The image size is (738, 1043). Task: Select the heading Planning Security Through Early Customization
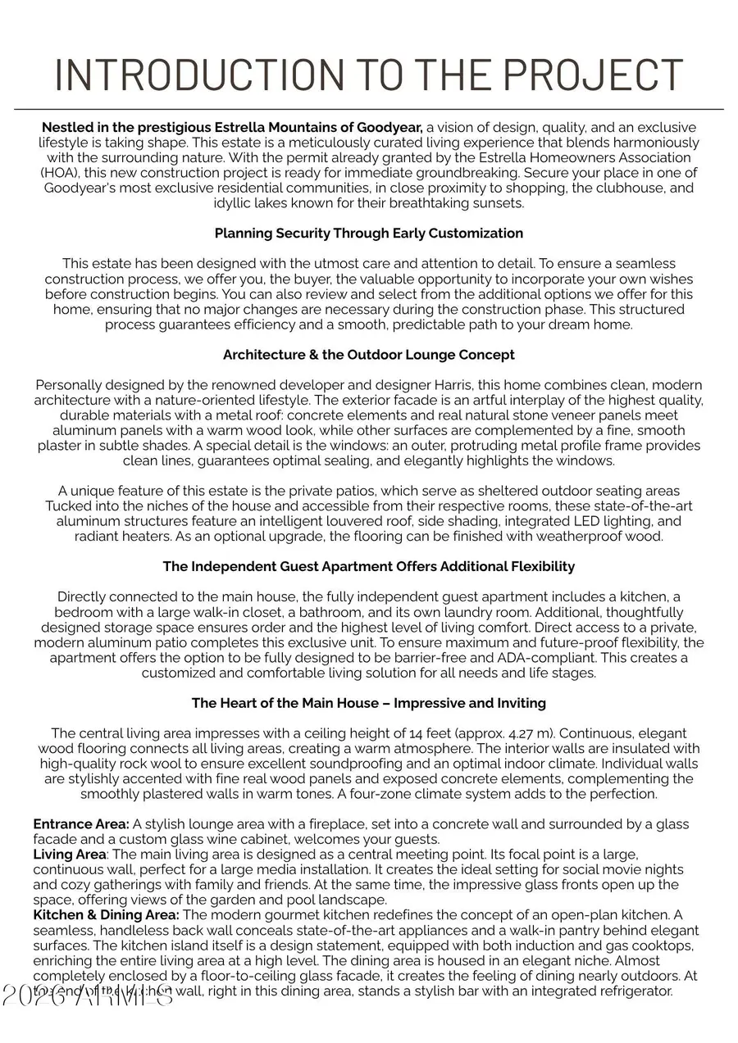[x=368, y=234]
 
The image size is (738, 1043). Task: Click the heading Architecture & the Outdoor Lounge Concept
[x=368, y=355]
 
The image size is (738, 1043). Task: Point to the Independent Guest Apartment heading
[x=368, y=566]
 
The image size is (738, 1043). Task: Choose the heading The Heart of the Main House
[x=368, y=703]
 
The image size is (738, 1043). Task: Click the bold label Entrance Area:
[x=81, y=824]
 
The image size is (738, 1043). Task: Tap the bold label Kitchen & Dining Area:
[x=106, y=914]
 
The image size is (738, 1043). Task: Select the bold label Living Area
[x=70, y=855]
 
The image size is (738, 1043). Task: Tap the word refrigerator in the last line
[x=634, y=991]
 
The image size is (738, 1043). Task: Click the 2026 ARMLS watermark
[x=88, y=994]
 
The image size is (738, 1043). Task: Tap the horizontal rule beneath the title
[x=368, y=109]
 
